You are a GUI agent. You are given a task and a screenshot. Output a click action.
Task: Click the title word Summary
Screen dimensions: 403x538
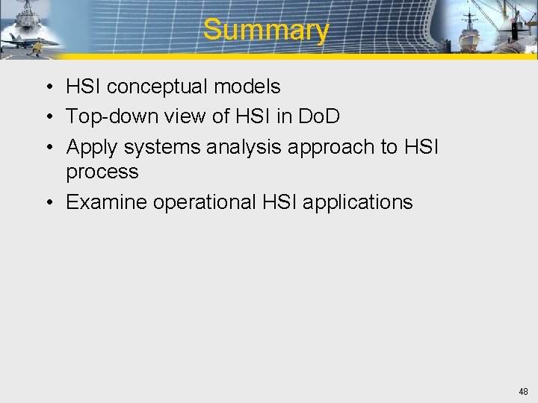[265, 30]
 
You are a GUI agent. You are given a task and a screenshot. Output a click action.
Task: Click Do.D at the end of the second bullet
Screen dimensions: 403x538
[319, 117]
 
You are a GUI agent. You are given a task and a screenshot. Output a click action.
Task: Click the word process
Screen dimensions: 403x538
[102, 172]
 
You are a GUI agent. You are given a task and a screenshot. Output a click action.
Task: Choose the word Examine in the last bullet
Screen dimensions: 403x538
[106, 202]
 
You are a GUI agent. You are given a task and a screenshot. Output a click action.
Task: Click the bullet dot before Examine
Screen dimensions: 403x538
[47, 203]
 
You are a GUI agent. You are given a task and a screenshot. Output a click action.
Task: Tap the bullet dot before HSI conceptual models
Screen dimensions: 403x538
[47, 87]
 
